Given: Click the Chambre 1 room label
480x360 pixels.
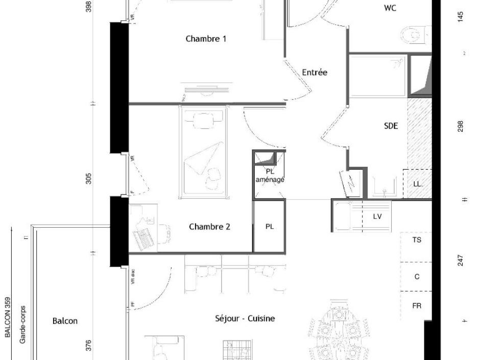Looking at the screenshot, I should pos(206,39).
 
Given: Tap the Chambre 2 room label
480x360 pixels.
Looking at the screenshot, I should pos(209,227).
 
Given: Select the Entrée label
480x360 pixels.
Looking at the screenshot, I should pos(315,73).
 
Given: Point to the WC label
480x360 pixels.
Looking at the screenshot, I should pos(390,8).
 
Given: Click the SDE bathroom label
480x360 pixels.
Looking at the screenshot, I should pos(391,126).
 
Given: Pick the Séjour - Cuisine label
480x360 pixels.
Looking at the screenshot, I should pos(245,319).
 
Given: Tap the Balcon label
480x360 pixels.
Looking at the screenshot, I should pos(65,321).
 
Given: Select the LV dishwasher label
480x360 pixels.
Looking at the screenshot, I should pos(377,217).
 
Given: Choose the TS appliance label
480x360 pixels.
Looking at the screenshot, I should pos(417,239).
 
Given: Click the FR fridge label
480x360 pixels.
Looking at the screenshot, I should pos(417,306).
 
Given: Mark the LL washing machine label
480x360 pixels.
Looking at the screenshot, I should pos(417,184).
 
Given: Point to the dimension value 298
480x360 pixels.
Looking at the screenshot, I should pos(461,126).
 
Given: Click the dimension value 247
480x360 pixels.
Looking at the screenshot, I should pos(461,260).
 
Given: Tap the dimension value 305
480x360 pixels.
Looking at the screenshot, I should pos(89,179).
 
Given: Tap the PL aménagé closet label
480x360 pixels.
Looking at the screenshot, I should pos(270,176).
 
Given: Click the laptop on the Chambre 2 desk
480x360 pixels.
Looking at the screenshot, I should pos(142,238).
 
